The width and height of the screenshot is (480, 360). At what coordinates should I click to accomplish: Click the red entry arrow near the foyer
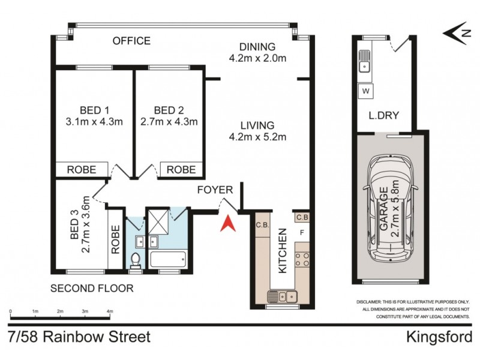coord(227,224)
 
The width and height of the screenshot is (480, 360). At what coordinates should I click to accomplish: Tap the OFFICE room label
coord(131,41)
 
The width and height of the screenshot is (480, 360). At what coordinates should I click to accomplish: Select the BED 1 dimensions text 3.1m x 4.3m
coord(94,121)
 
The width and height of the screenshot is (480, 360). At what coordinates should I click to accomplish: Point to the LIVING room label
coord(257,125)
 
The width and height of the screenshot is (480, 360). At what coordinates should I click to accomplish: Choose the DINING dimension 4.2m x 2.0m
coord(257,58)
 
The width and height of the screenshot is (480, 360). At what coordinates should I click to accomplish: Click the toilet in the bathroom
coord(136,260)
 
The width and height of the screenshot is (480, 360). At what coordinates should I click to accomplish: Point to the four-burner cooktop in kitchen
coord(302,259)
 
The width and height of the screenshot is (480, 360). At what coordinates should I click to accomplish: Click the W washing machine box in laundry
coord(364,91)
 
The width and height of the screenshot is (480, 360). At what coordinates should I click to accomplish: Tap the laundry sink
coord(364,60)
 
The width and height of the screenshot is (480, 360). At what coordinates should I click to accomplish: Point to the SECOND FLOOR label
coord(91,288)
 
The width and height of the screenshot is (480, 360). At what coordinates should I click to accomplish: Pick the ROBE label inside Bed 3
coord(116,238)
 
